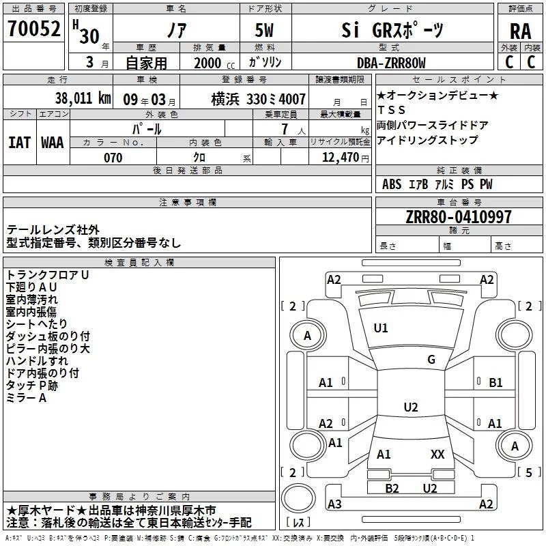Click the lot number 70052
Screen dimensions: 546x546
click(x=33, y=29)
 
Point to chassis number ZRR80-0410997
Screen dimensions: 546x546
click(x=458, y=218)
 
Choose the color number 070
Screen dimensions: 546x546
click(x=113, y=158)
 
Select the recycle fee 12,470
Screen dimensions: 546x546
click(x=339, y=158)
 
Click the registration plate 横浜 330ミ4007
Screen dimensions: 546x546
click(x=259, y=99)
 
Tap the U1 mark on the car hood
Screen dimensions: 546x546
click(x=381, y=328)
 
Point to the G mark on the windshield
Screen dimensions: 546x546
click(x=431, y=360)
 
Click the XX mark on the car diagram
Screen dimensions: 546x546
click(x=437, y=455)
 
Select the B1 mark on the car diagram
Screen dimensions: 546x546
click(x=495, y=383)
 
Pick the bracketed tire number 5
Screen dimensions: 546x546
click(x=528, y=472)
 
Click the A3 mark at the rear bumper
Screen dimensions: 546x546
click(x=334, y=504)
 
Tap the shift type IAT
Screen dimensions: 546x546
click(x=19, y=142)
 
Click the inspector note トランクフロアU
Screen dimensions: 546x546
click(x=48, y=275)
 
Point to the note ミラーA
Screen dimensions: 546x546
click(x=26, y=398)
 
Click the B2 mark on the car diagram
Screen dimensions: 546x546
click(x=392, y=488)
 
